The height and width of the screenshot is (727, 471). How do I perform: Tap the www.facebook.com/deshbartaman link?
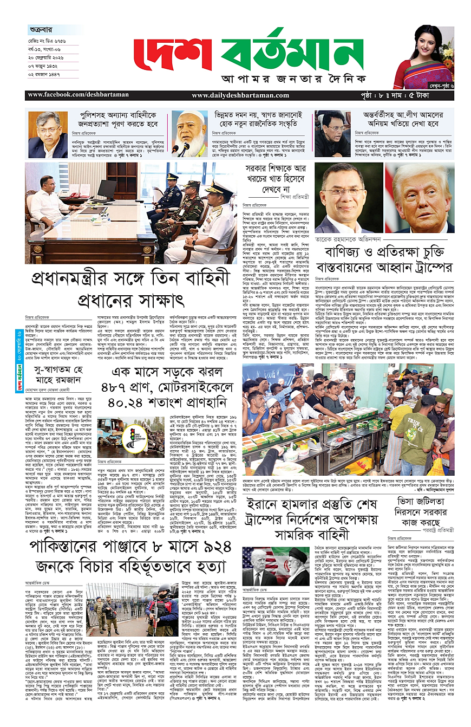[x=83, y=95]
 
